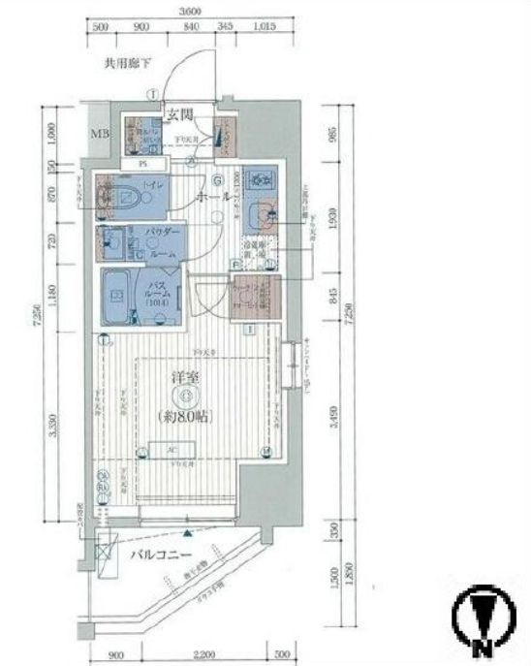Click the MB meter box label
(101, 132)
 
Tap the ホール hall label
(212, 196)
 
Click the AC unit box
(172, 450)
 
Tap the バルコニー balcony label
(162, 555)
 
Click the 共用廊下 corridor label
(128, 66)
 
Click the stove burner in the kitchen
(258, 179)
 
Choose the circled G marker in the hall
(217, 180)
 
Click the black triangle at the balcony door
(186, 532)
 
